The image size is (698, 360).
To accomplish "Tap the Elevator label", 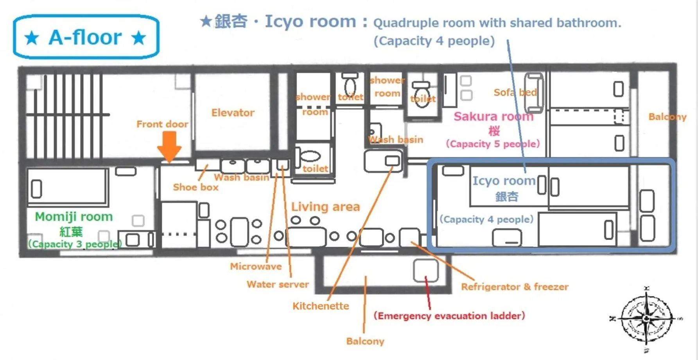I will point(233,113).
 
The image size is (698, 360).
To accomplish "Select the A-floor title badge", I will point(86,37).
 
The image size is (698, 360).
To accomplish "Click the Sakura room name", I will point(493,116).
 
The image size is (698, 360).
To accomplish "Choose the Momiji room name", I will point(74,216).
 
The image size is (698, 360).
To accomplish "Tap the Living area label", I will point(325,207).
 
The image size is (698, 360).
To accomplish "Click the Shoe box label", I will point(196,187).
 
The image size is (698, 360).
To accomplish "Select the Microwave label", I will point(256,266).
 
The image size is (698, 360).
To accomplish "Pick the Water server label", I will point(278,284).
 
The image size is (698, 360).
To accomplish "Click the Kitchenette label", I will point(321,306).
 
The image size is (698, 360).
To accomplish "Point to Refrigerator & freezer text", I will point(515,287).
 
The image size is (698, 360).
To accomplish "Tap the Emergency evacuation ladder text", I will point(449,316).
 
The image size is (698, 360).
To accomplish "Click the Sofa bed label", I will point(515,92).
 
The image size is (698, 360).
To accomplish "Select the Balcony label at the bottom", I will point(365,341).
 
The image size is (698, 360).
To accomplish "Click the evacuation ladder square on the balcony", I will point(426,270).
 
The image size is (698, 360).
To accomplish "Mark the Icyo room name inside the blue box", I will point(504,181).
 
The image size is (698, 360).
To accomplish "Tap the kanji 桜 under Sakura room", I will point(494,131).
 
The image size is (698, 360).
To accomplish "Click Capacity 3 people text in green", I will point(75,244).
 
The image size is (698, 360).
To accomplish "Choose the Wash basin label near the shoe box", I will point(241,177).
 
